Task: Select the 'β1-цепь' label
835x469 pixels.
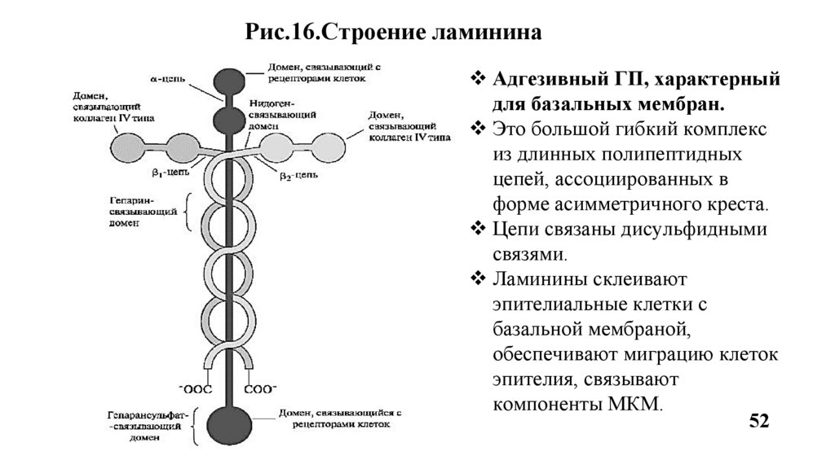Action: pos(175,173)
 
